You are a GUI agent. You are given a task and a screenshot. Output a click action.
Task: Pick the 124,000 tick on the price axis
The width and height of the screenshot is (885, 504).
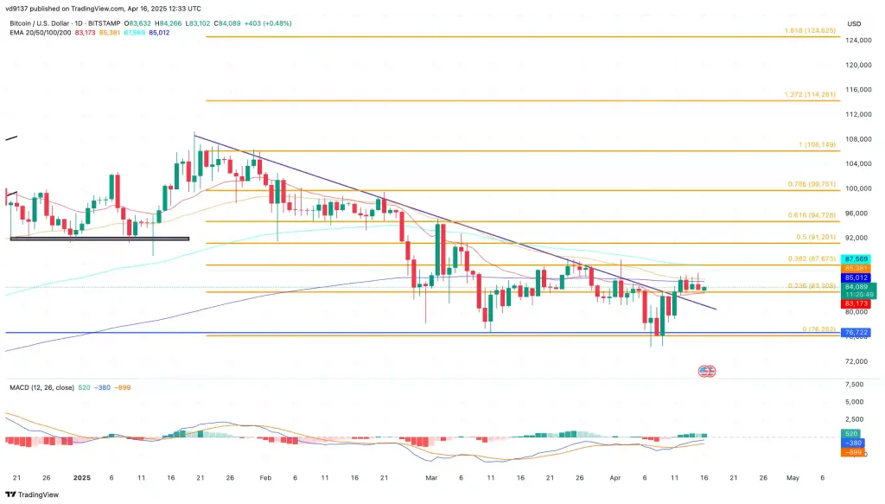click(x=858, y=41)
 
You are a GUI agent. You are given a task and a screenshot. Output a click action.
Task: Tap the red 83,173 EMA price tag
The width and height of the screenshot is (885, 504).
click(x=857, y=303)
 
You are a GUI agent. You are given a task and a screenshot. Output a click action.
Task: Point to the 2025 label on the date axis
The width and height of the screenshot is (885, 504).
click(x=82, y=476)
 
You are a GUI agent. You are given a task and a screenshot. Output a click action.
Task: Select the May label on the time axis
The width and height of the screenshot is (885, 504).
click(x=792, y=476)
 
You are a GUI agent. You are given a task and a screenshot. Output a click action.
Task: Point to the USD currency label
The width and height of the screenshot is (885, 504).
click(x=854, y=23)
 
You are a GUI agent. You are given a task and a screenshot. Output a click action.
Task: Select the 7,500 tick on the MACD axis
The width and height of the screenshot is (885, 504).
click(x=856, y=384)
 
